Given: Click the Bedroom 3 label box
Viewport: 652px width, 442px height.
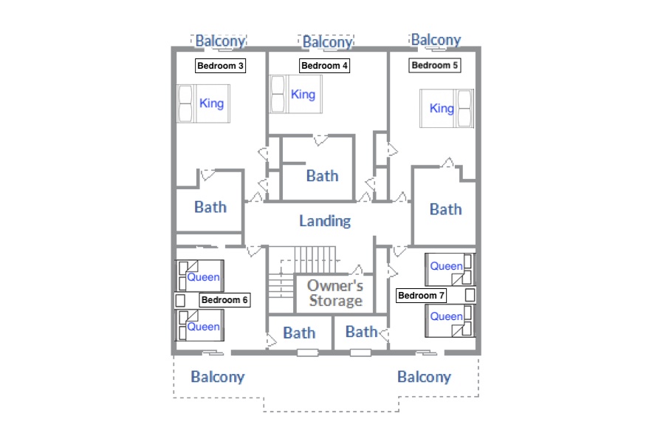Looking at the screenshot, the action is pyautogui.click(x=220, y=66).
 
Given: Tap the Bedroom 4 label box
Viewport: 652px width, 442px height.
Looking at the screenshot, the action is pyautogui.click(x=324, y=66).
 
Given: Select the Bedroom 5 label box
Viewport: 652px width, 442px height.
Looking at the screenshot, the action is pyautogui.click(x=434, y=65).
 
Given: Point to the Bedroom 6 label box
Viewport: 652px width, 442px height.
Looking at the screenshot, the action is pyautogui.click(x=224, y=300).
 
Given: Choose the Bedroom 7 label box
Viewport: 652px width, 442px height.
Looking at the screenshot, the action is pyautogui.click(x=421, y=296).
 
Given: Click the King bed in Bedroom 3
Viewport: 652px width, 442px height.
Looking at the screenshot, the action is pyautogui.click(x=204, y=103).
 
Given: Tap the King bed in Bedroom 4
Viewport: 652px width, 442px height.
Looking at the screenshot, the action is pyautogui.click(x=296, y=94).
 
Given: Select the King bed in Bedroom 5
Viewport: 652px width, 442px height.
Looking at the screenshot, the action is pyautogui.click(x=447, y=108).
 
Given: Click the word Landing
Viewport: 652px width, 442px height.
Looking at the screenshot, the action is pyautogui.click(x=325, y=220).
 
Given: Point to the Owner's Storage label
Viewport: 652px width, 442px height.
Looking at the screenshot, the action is pyautogui.click(x=335, y=293).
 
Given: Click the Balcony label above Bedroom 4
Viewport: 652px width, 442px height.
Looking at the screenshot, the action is pyautogui.click(x=328, y=42).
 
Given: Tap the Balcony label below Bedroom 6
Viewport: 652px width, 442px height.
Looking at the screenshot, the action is pyautogui.click(x=218, y=377).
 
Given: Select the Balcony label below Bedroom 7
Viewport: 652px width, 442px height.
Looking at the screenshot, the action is pyautogui.click(x=424, y=377).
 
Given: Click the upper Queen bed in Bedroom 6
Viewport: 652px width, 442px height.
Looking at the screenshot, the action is pyautogui.click(x=200, y=276).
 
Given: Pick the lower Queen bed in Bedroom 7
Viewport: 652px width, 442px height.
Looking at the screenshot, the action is pyautogui.click(x=450, y=321).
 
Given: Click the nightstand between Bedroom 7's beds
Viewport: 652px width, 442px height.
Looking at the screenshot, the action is pyautogui.click(x=470, y=295).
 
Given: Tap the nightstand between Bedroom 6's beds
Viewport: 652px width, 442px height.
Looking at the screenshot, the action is pyautogui.click(x=180, y=301).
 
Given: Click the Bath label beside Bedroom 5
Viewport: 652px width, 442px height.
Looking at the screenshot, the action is pyautogui.click(x=446, y=209).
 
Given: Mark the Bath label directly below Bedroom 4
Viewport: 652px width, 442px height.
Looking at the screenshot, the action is pyautogui.click(x=322, y=176).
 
